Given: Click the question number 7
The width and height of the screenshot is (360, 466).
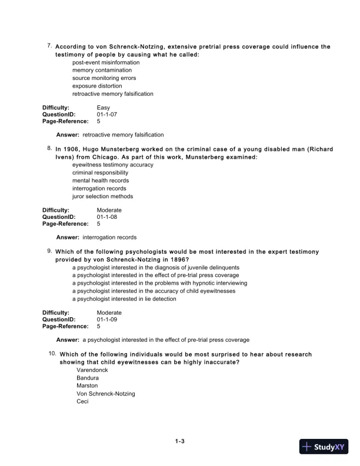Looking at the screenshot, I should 49,45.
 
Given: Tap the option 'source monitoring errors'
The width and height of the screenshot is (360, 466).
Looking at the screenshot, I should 104,78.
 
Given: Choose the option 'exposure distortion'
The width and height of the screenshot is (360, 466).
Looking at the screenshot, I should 98,86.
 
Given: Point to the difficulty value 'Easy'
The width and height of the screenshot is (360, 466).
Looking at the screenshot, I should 103,107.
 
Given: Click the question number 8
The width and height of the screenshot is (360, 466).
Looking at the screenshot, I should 49,148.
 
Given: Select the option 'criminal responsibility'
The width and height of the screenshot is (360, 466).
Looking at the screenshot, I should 100,173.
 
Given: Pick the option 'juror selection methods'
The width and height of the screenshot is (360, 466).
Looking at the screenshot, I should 102,197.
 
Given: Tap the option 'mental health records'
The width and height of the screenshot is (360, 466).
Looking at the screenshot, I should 100,181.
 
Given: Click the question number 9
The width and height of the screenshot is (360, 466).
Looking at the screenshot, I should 49,251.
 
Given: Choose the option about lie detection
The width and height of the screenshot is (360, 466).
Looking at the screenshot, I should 124,299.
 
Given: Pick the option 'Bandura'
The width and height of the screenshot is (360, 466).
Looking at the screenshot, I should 88,378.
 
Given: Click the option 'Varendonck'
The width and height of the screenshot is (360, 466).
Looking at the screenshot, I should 92,370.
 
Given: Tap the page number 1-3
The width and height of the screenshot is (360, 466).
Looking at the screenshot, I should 180,441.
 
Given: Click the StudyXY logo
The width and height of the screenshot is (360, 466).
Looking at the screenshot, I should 325,447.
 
